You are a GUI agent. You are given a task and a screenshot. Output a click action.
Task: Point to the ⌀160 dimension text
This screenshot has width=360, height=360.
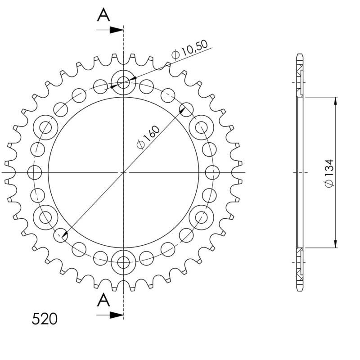[148, 138]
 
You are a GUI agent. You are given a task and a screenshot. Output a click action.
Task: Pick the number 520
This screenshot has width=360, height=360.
[45, 319]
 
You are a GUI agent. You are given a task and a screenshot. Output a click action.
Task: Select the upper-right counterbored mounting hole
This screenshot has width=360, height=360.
[201, 128]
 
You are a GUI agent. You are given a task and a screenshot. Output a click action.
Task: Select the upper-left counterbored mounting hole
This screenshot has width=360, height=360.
[45, 128]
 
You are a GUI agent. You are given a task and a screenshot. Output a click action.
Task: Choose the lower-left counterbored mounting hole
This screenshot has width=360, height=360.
[45, 217]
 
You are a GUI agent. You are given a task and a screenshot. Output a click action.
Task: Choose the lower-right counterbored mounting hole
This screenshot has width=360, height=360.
[201, 217]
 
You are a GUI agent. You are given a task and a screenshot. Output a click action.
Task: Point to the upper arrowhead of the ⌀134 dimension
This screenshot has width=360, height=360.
[335, 101]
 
